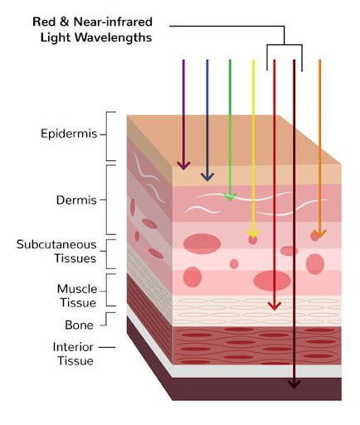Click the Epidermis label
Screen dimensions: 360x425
tap(69, 134)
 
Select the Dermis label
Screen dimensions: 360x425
tap(76, 200)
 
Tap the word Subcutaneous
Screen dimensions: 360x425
tap(56, 245)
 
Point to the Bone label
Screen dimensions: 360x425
tap(79, 325)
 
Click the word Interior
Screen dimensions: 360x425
tap(73, 347)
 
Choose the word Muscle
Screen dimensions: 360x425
tap(77, 289)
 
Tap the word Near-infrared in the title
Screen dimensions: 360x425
tap(113, 22)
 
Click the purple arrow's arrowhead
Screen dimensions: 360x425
tap(183, 165)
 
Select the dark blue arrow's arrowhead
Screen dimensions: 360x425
tap(207, 177)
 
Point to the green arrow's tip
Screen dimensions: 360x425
tap(230, 201)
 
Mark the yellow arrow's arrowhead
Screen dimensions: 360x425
tap(253, 233)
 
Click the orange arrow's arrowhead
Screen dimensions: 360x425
tap(320, 234)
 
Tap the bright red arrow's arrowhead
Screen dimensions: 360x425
tap(275, 306)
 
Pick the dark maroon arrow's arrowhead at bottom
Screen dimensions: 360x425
tap(294, 384)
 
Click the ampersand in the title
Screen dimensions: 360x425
tap(64, 22)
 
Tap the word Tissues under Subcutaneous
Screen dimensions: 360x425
tap(75, 258)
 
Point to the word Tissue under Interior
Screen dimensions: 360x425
tap(75, 361)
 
